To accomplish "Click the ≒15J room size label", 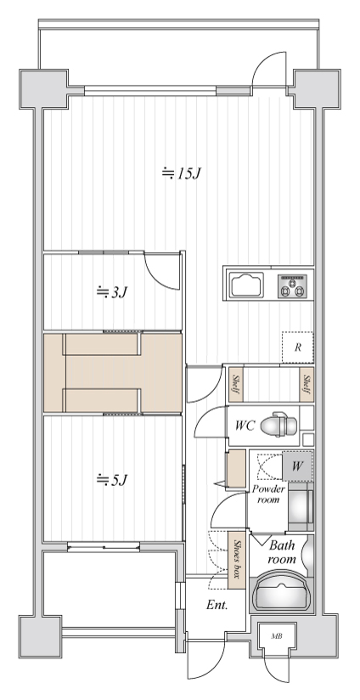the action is (182, 172).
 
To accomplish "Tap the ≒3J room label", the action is (112, 292).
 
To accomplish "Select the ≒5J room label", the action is (112, 480).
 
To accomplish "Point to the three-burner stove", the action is (293, 285).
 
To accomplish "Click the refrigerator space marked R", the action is (297, 347).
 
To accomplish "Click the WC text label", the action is (245, 426).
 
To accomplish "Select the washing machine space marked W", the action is (297, 466).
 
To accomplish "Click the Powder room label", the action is (268, 494).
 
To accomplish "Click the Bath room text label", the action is (282, 552).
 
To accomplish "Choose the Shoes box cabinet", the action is (237, 561).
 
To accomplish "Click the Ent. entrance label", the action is (217, 606).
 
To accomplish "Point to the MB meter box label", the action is (277, 636).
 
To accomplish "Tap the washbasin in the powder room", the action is (301, 506).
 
